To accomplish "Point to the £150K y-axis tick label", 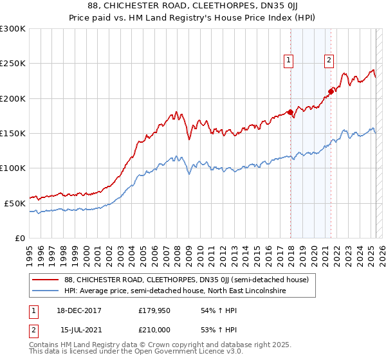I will tap(12, 134).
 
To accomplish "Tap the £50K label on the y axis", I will tap(15, 203).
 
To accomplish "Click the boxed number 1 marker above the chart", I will tap(288, 61).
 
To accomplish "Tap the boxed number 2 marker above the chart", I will tap(329, 61).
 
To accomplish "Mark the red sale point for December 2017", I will tap(290, 113).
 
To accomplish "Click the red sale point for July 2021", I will tap(331, 91).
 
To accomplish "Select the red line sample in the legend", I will tap(45, 280).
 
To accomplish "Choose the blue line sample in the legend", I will tap(45, 291).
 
